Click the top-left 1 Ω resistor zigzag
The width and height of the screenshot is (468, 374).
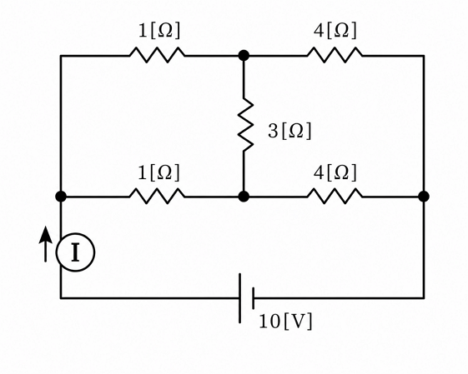point(157,55)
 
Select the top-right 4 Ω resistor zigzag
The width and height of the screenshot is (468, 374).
point(335,55)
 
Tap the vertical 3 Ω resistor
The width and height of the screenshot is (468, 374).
point(245,125)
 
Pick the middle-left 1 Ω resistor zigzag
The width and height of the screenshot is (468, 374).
point(157,196)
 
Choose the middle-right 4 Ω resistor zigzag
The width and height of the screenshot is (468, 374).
point(335,196)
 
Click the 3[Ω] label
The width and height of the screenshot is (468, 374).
point(289,131)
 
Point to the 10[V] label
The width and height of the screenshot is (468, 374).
point(285,322)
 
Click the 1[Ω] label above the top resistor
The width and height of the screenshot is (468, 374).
point(159,30)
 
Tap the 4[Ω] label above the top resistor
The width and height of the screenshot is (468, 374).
point(335,30)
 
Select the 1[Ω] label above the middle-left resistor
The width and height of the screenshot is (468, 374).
point(159,172)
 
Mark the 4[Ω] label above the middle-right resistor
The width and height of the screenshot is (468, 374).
point(335,172)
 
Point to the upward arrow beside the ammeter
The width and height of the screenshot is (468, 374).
point(45,244)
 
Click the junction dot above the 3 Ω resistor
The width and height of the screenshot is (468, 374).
point(244,56)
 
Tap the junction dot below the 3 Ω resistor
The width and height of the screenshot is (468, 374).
point(244,197)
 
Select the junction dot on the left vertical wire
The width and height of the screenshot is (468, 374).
point(61,197)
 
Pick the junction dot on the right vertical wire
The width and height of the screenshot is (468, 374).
point(424,197)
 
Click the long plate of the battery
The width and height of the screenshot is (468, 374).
point(239,298)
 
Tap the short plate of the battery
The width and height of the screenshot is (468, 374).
point(253,298)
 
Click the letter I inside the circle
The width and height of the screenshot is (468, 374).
point(76,252)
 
